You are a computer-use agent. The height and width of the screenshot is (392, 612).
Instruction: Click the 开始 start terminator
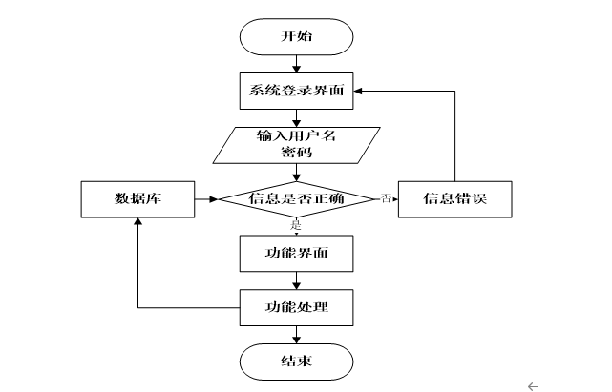click(x=296, y=36)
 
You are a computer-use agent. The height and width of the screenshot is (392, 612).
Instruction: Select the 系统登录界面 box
click(x=296, y=91)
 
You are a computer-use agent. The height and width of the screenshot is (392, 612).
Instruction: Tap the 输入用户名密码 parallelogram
click(x=296, y=145)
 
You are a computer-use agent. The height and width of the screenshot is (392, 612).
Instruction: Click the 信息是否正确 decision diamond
click(x=296, y=199)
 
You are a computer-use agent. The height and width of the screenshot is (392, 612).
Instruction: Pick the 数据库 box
click(x=137, y=199)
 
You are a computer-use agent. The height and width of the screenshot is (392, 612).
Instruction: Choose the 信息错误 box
click(x=455, y=199)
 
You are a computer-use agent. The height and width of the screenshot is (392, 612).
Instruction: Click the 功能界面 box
click(x=296, y=254)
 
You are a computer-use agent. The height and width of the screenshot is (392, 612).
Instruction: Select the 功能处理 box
click(x=296, y=308)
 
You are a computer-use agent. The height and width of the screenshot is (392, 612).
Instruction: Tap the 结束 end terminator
click(x=296, y=362)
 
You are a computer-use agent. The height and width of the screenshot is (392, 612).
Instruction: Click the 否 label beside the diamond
click(x=386, y=198)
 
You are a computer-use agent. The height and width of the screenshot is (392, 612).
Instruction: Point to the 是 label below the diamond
click(x=296, y=225)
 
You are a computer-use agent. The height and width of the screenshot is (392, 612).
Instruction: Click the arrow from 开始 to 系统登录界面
click(x=296, y=64)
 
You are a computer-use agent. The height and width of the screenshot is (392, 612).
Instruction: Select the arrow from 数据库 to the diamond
click(x=206, y=199)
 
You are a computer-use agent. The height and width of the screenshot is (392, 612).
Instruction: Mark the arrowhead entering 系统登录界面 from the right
click(x=358, y=91)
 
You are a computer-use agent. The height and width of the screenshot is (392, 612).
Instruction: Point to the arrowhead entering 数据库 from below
click(x=137, y=221)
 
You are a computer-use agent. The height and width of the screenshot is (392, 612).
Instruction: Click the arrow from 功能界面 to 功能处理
click(x=296, y=280)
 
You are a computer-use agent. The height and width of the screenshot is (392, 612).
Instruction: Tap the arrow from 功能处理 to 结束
click(x=296, y=335)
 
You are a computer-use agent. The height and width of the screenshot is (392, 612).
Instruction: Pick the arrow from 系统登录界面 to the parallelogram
click(x=296, y=118)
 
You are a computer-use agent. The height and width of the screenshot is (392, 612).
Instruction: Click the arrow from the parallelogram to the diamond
click(x=296, y=173)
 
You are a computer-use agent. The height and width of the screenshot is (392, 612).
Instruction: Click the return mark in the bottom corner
click(x=533, y=385)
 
